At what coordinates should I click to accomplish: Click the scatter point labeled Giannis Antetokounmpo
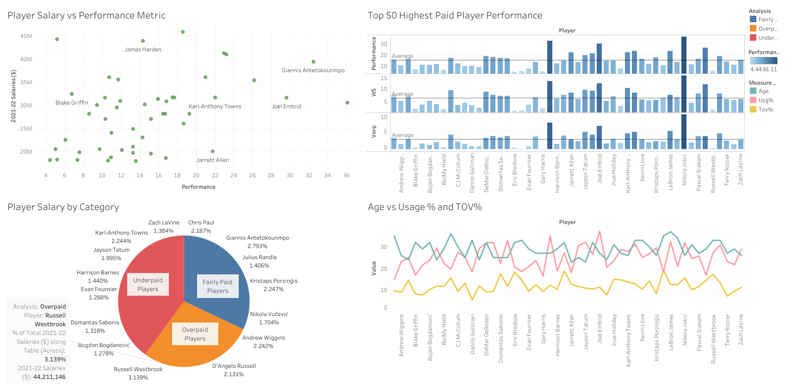pos(313,62)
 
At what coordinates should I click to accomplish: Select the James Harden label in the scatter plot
pos(142,50)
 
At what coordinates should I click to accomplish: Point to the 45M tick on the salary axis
pos(26,36)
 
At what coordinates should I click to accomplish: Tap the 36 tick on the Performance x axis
pos(346,175)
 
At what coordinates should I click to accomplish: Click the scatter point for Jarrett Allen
pos(212,151)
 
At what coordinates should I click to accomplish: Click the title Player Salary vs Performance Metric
pos(87,15)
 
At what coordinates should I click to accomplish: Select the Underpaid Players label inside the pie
pos(148,285)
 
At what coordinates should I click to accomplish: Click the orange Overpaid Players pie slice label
pos(195,334)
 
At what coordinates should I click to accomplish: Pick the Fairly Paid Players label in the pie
pos(217,286)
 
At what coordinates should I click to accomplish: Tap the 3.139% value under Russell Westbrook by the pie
pos(138,378)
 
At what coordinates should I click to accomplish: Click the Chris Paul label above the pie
pos(201,223)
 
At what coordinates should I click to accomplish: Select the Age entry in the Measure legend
pos(763,91)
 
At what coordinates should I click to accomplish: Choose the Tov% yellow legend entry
pos(765,110)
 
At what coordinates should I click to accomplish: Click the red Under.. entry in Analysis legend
pos(767,38)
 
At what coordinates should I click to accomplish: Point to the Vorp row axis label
pos(374,132)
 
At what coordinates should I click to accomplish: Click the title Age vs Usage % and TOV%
pos(424,207)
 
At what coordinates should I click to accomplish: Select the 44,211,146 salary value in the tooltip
pos(49,377)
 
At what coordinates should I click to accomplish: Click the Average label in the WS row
pos(402,94)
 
